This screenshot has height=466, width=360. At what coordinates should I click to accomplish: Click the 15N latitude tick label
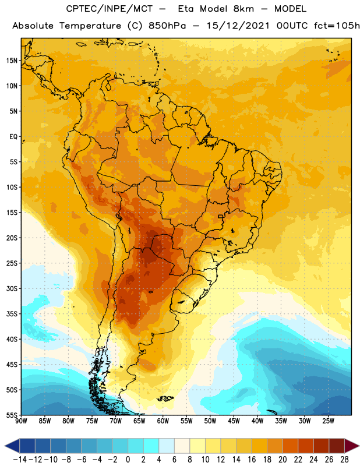pyautogui.click(x=12, y=61)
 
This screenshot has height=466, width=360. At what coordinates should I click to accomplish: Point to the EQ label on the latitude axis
pyautogui.click(x=13, y=137)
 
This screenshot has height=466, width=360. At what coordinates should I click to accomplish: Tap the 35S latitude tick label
pyautogui.click(x=12, y=314)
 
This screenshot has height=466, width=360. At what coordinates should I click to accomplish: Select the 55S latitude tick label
pyautogui.click(x=12, y=415)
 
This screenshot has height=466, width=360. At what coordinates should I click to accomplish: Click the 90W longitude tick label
pyautogui.click(x=21, y=421)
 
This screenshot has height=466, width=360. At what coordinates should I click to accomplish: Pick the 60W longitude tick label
pyautogui.click(x=163, y=421)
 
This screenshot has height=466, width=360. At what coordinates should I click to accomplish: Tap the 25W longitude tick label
pyautogui.click(x=328, y=421)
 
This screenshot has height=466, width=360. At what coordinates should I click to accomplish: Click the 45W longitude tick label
pyautogui.click(x=234, y=421)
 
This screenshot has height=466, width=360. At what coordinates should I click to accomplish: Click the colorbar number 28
pyautogui.click(x=344, y=460)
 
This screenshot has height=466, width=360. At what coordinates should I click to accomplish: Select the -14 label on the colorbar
pyautogui.click(x=20, y=460)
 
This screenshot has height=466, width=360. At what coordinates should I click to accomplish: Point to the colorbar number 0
pyautogui.click(x=128, y=460)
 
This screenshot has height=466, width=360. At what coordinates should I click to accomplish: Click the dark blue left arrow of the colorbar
pyautogui.click(x=12, y=446)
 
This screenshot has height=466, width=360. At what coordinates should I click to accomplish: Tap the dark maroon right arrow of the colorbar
pyautogui.click(x=352, y=446)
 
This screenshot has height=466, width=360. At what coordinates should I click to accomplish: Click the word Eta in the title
pyautogui.click(x=186, y=9)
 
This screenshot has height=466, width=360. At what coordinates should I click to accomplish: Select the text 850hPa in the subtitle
pyautogui.click(x=167, y=26)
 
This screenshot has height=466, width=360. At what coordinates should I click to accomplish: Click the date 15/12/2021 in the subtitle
pyautogui.click(x=238, y=26)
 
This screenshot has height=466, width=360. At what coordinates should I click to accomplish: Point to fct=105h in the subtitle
pyautogui.click(x=337, y=26)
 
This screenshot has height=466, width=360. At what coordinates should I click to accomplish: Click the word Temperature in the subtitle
pyautogui.click(x=90, y=26)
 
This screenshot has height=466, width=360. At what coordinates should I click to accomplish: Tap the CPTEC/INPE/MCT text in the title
pyautogui.click(x=110, y=9)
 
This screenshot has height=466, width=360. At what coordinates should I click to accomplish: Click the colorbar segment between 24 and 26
pyautogui.click(x=321, y=446)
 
